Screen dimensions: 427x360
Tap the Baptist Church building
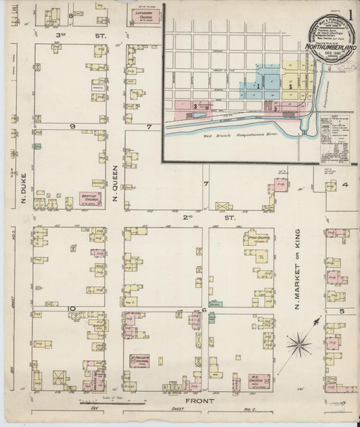91,199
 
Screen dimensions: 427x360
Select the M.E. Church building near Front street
258,382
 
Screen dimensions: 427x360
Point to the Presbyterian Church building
140,362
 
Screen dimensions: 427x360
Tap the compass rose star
298,345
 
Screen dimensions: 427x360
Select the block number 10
71,309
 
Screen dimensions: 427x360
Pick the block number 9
71,126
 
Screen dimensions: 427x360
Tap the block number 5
342,311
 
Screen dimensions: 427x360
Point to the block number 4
344,184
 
